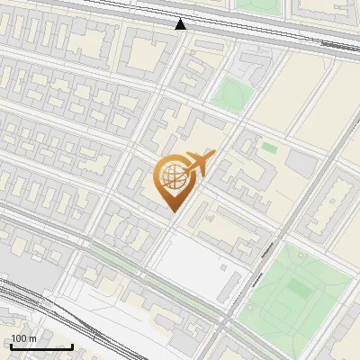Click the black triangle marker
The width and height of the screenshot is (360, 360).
pyautogui.click(x=181, y=24)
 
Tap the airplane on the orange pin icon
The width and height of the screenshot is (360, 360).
pyautogui.click(x=195, y=165)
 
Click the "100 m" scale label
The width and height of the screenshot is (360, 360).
pyautogui.click(x=23, y=338)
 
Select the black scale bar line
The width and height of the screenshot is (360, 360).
pyautogui.click(x=40, y=346)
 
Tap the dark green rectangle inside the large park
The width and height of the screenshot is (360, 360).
pyautogui.click(x=300, y=288)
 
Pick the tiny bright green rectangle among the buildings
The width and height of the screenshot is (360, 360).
pyautogui.click(x=269, y=147)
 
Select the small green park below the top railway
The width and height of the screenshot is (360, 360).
pyautogui.click(x=233, y=93)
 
